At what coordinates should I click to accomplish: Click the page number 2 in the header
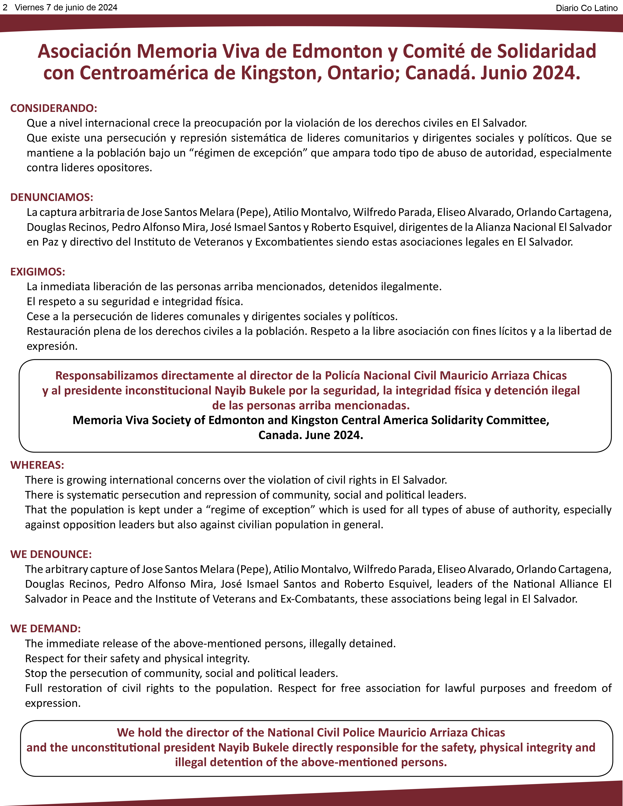click(5, 7)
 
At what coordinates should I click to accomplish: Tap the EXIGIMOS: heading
click(38, 272)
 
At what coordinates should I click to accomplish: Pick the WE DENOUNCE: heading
click(51, 554)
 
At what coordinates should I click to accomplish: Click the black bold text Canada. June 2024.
click(311, 435)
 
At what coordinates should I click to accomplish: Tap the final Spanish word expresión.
click(52, 346)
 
